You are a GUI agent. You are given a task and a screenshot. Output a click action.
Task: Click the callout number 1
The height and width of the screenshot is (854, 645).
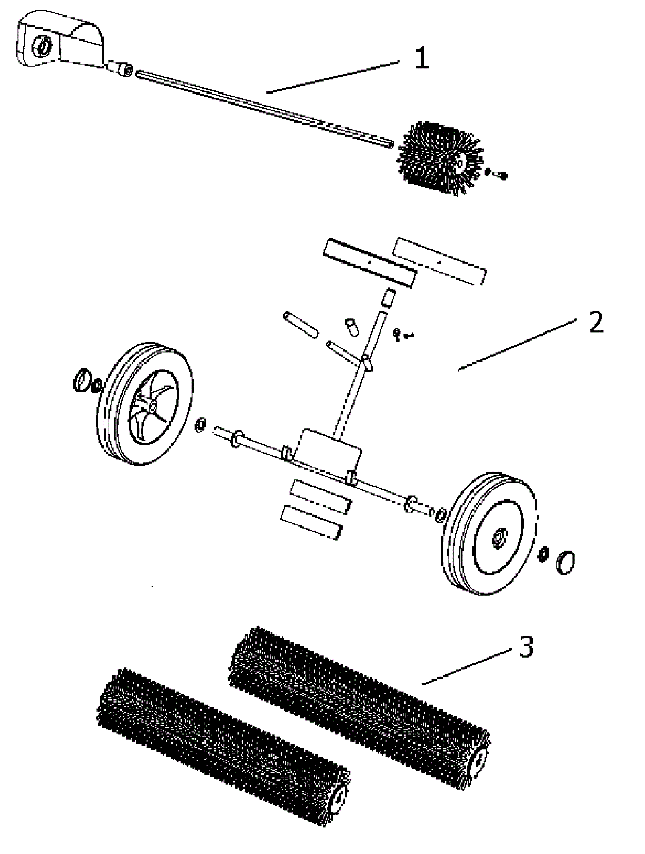click(421, 58)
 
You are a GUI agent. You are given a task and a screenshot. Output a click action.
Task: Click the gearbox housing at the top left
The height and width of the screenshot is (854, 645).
click(60, 40)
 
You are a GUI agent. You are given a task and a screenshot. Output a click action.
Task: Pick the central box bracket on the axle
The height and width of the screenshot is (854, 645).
click(329, 451)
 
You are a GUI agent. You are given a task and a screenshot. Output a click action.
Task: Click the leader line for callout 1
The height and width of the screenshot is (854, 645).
click(333, 77)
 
